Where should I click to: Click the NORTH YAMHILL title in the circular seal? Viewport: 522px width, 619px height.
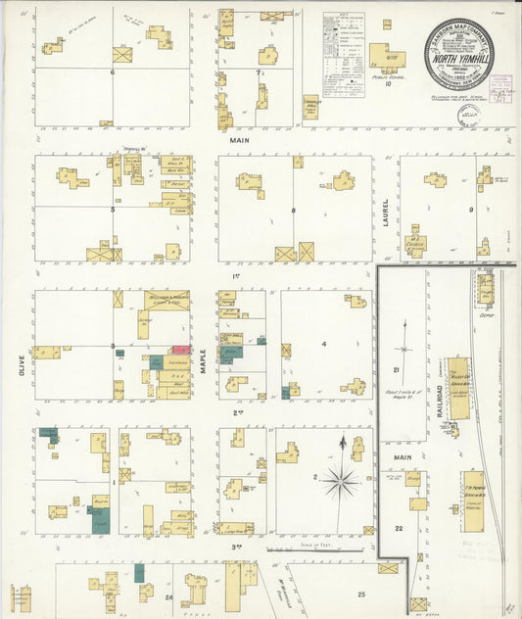[458, 56]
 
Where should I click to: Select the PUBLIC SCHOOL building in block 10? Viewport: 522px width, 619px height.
[387, 57]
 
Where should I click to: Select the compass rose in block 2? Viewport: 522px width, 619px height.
[341, 479]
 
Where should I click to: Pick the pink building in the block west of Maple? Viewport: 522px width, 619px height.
[180, 349]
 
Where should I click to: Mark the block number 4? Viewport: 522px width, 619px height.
[323, 344]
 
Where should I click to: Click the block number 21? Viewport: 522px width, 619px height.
[397, 369]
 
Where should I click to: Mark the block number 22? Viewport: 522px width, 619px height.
[398, 528]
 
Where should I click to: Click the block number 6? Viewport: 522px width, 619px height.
[113, 71]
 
